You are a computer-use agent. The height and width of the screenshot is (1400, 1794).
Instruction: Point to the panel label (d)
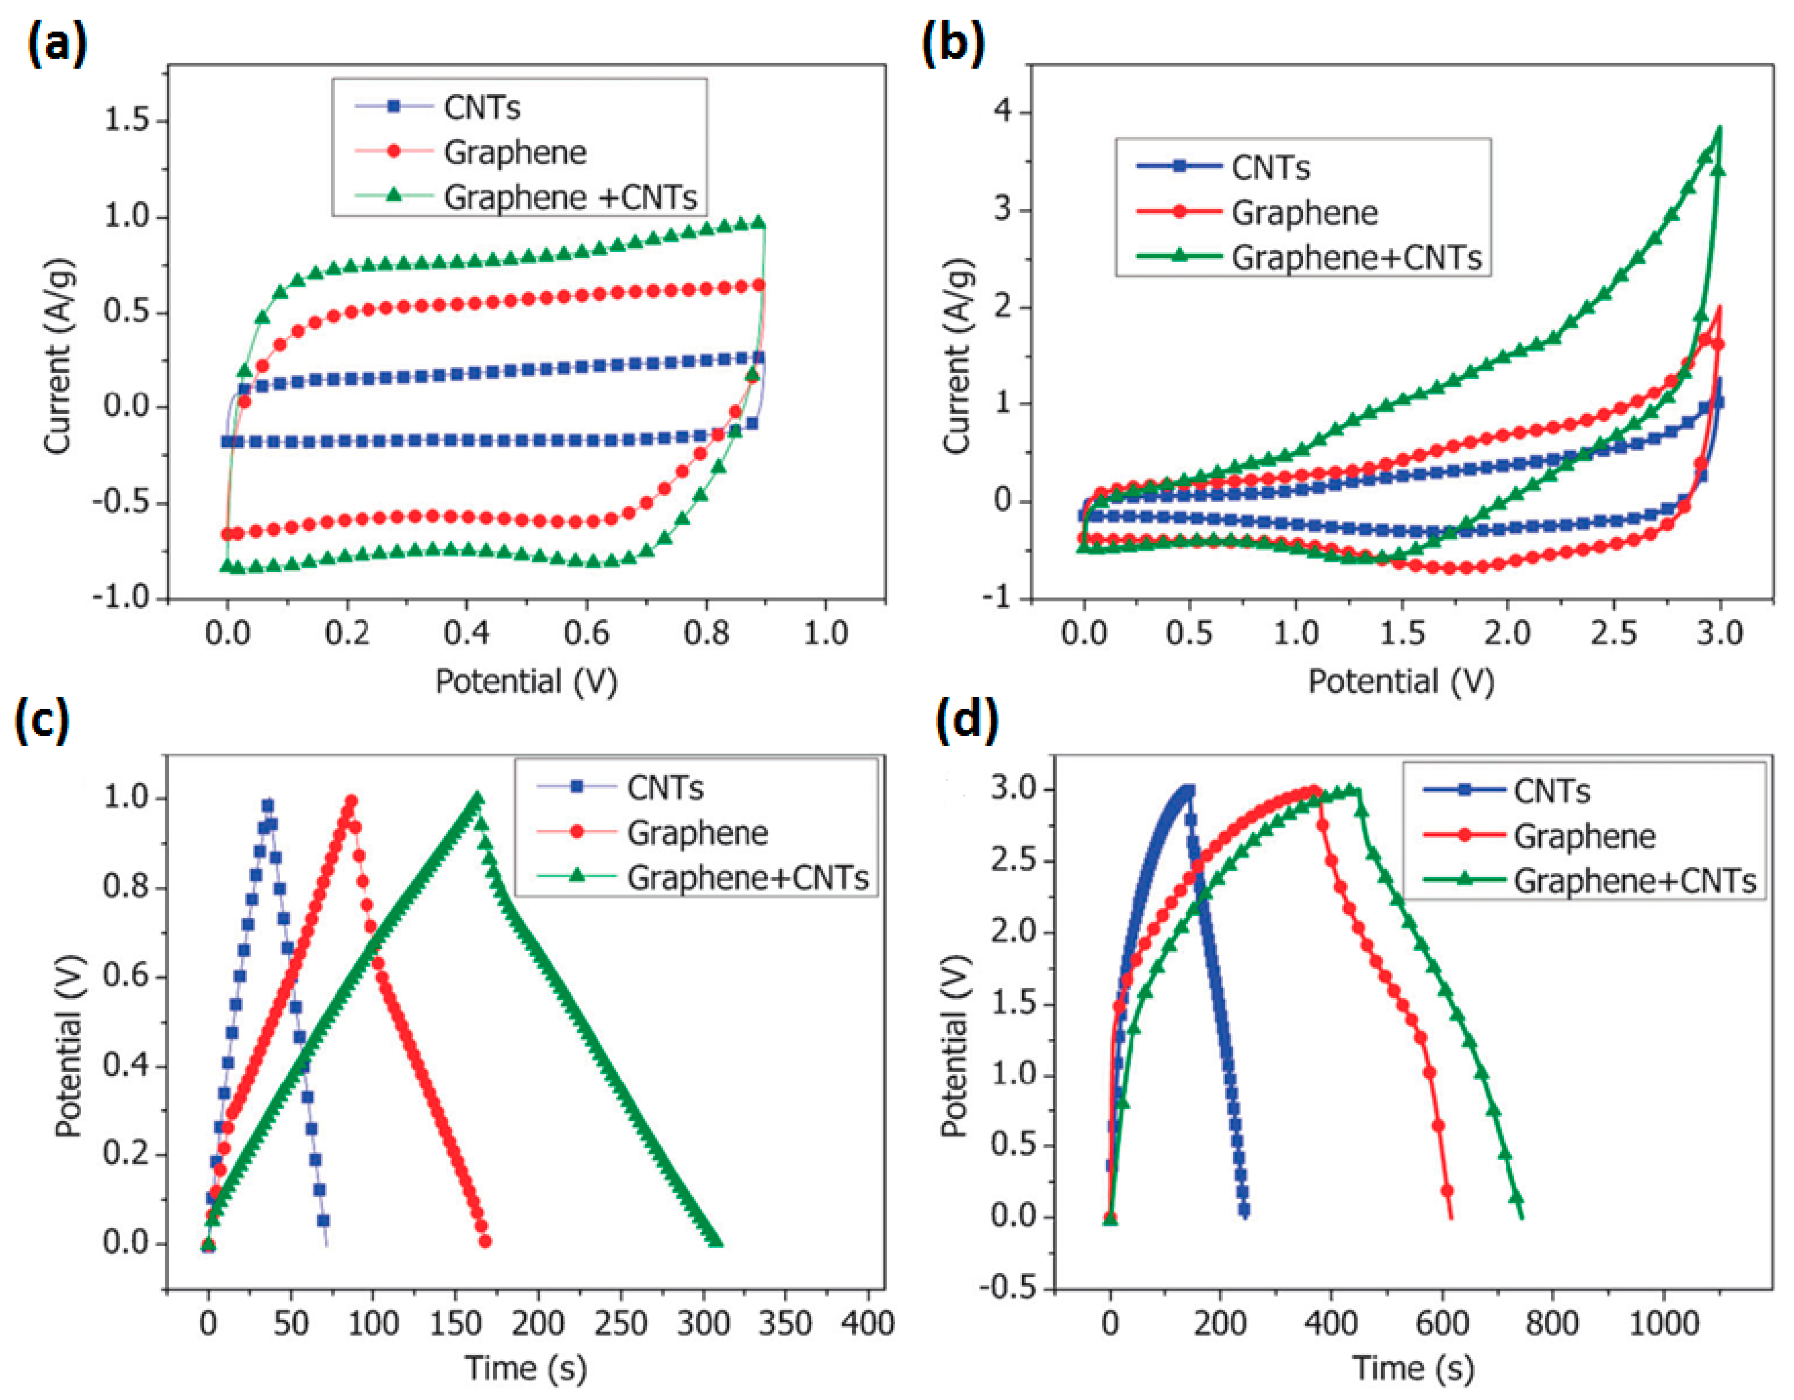coord(967,719)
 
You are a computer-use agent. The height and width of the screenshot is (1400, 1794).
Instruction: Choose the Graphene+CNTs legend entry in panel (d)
coord(1634,881)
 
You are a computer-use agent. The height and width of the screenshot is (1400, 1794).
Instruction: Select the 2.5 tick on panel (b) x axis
coord(1613,633)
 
